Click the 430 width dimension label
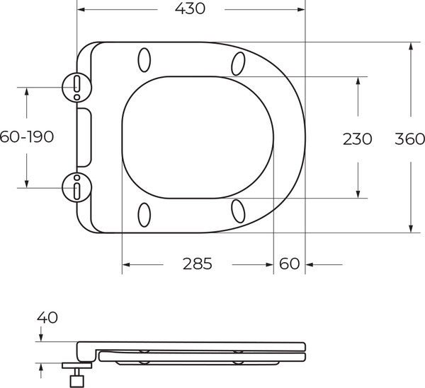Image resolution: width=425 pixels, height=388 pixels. [191, 9]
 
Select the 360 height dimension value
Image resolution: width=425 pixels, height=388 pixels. [409, 139]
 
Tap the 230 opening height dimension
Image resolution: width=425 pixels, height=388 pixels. [358, 139]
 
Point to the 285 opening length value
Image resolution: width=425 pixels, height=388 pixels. [197, 264]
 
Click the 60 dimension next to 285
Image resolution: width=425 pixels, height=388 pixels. [289, 264]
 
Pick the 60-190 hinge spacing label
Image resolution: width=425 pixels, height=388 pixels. [27, 137]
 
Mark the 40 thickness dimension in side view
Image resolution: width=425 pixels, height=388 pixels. [48, 318]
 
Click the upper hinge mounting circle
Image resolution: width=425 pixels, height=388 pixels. [76, 87]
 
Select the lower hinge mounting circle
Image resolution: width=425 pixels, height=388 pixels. [76, 188]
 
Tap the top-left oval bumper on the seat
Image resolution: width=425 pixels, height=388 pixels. [144, 60]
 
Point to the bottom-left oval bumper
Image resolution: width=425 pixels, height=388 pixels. [144, 214]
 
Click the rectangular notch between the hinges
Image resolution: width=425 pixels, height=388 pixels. [84, 137]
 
